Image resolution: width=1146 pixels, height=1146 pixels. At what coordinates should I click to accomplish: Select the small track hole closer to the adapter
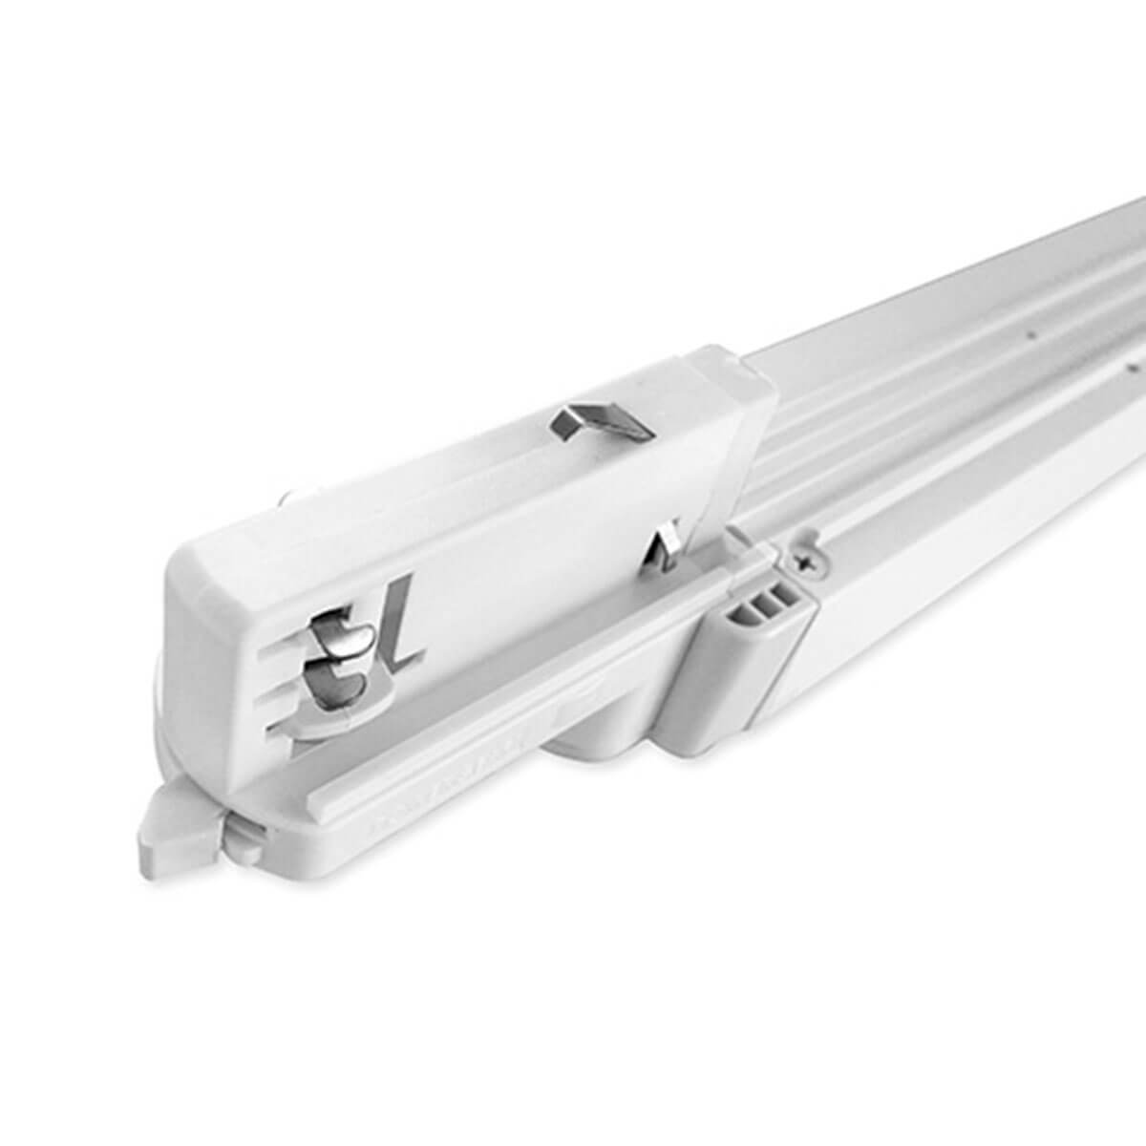pos(1029,337)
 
